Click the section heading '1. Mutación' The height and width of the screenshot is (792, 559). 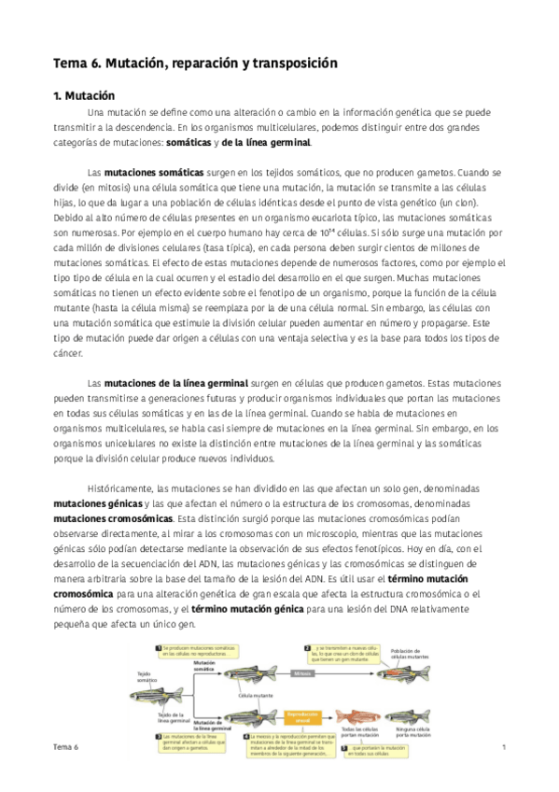83,95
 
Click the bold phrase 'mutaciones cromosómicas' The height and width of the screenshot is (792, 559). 113,516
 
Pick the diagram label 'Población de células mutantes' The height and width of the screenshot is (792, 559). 412,652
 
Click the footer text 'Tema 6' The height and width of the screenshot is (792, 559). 66,747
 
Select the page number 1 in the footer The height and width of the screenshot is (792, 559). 503,747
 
